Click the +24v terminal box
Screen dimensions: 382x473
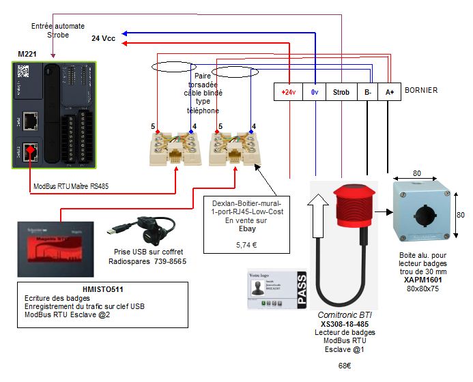[x=288, y=91]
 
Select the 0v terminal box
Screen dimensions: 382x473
[x=315, y=91]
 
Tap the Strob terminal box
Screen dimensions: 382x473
[x=341, y=91]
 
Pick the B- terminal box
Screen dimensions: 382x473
[x=367, y=91]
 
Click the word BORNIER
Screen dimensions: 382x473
[x=421, y=90]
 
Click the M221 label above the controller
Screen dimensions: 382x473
[x=27, y=53]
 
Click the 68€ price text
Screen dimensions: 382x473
[x=345, y=366]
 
